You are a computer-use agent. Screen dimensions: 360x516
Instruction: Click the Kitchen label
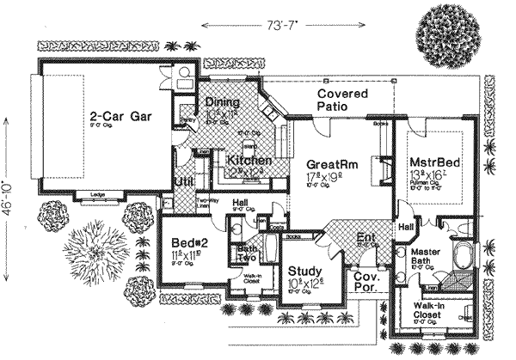[249, 161]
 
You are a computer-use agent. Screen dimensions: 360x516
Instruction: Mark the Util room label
[183, 182]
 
